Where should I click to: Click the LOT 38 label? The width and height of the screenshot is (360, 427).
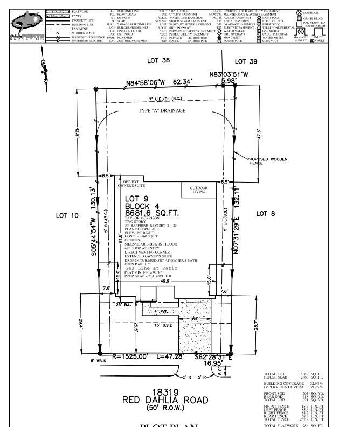[x=158, y=61]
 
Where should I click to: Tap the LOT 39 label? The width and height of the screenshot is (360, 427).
[x=246, y=61]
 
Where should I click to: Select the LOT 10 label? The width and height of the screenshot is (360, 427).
[x=67, y=215]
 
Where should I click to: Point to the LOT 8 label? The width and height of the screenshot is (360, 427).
[x=265, y=214]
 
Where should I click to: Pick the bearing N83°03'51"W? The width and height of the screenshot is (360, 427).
[x=229, y=74]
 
